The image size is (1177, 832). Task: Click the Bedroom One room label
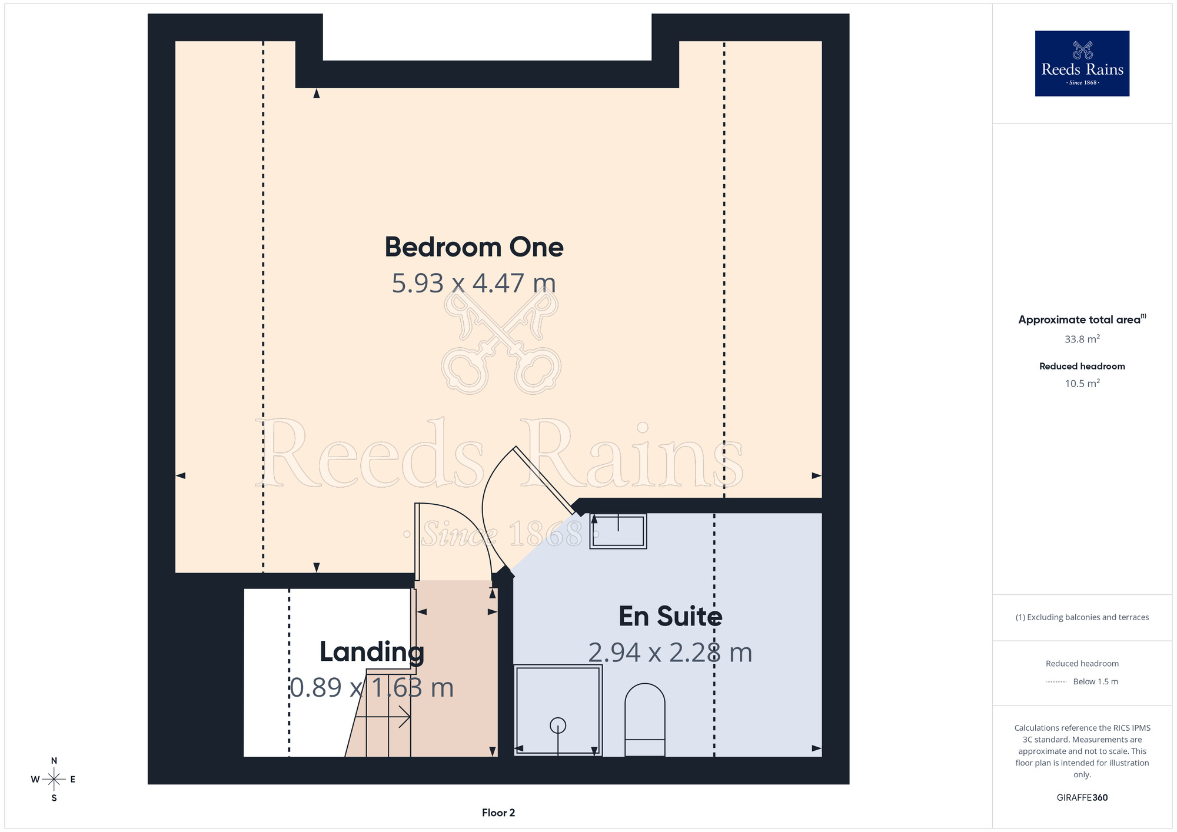coord(474,247)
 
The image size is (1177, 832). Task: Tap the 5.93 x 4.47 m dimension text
coord(474,283)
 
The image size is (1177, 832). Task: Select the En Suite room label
coord(670,616)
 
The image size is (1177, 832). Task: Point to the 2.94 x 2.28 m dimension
coord(670,653)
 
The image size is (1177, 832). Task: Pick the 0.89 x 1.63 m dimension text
coord(372,687)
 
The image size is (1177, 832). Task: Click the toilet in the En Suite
coord(645,720)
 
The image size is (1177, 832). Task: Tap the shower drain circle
coord(558,725)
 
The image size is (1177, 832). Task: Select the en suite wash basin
coord(618,531)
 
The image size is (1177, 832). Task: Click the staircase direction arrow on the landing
coord(383,717)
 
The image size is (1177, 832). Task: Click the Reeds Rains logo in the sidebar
coord(1082,64)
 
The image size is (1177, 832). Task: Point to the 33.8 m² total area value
coord(1082,339)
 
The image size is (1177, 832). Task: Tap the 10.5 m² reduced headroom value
coord(1082,383)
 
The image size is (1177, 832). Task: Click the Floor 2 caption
coord(498,813)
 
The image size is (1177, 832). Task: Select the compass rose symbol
coord(54,779)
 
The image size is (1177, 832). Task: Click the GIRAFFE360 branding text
coord(1082,798)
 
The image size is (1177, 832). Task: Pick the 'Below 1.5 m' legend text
coord(1095,681)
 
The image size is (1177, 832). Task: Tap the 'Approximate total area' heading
coord(1079,320)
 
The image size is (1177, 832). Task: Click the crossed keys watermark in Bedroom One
coord(501,341)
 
